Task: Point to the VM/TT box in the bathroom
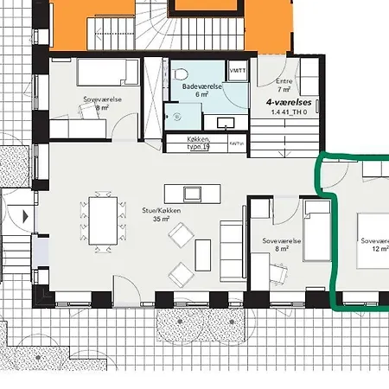[x=236, y=68]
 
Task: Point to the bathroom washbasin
[x=226, y=122]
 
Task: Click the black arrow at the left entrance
[x=25, y=215]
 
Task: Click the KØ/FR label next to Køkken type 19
[x=235, y=143]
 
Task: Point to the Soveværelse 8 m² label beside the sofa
[x=280, y=247]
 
